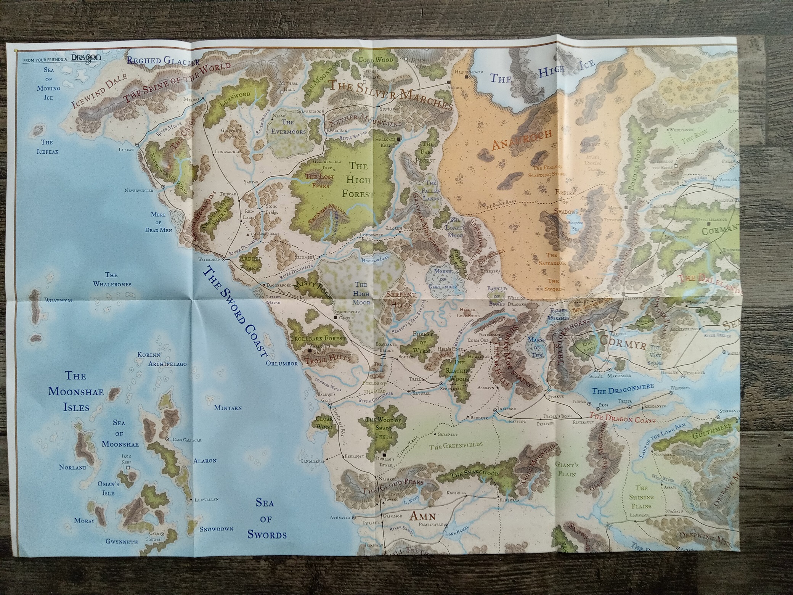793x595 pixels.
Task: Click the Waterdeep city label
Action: click(207, 259)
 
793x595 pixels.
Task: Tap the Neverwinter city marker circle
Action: click(163, 187)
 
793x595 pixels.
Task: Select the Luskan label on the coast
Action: click(126, 150)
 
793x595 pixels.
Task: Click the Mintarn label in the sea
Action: click(228, 408)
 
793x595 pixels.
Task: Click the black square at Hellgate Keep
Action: click(398, 140)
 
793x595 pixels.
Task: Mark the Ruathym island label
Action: click(58, 300)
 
